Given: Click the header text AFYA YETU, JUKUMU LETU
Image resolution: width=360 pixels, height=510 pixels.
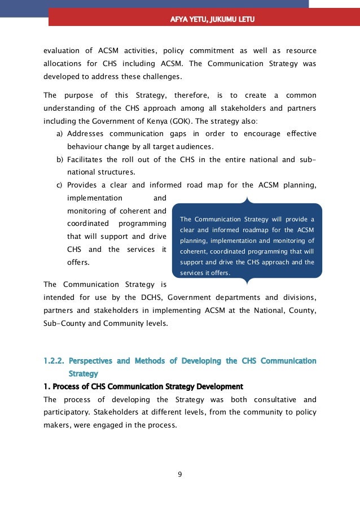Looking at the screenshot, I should coord(212,20).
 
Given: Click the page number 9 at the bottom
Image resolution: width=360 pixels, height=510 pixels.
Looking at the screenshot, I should coord(180,474).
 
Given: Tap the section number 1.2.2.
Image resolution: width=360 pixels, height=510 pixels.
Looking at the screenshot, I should coord(55,361).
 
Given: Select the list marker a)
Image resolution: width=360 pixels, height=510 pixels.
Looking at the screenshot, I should coord(59,134).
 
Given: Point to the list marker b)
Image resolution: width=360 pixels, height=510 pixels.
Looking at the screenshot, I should coord(59,160).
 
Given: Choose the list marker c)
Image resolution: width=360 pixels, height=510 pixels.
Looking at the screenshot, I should coord(59,185).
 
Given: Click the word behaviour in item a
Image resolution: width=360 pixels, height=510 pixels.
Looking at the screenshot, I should coord(85,147).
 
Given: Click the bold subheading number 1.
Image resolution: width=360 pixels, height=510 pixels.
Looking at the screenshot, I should coord(46,387).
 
